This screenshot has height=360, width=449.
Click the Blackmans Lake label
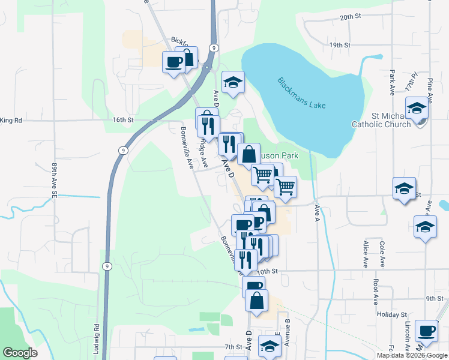pos(302,93)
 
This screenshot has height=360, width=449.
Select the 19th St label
pos(339,45)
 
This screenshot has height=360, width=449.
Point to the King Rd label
pos(11,121)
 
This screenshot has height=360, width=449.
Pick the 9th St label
pos(434,298)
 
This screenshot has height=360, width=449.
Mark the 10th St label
pos(271,271)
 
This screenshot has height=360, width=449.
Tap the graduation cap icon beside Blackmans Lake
pos(233,82)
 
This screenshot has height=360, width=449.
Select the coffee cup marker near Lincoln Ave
pos(427,330)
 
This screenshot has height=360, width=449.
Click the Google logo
pos(19,353)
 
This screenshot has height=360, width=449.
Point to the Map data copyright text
pos(411,355)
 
